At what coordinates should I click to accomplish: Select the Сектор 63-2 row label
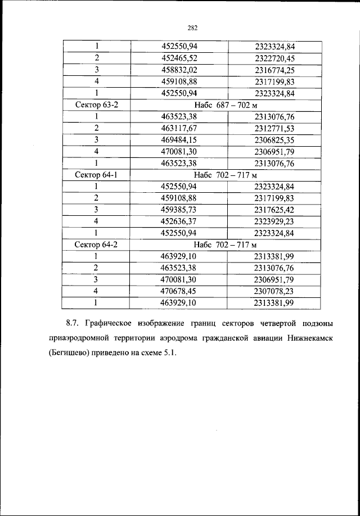(x=97, y=105)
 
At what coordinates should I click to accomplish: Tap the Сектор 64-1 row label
(x=97, y=175)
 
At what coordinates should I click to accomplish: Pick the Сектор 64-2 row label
(x=97, y=245)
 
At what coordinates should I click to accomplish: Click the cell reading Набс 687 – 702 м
(x=225, y=105)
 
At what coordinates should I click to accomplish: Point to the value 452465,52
(x=179, y=58)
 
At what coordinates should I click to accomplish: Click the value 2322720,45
(x=274, y=58)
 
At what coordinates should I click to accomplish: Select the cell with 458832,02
(x=179, y=70)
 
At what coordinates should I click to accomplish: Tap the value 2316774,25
(x=274, y=70)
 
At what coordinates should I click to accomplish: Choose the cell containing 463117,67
(x=179, y=128)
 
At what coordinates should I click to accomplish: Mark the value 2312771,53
(x=274, y=128)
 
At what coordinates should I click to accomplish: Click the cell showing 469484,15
(x=179, y=140)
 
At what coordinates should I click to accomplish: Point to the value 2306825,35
(x=274, y=140)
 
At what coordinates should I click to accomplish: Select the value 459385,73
(x=179, y=210)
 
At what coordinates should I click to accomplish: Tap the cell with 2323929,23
(x=274, y=221)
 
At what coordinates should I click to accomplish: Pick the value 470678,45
(x=179, y=291)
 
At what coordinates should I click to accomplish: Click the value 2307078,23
(x=274, y=291)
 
